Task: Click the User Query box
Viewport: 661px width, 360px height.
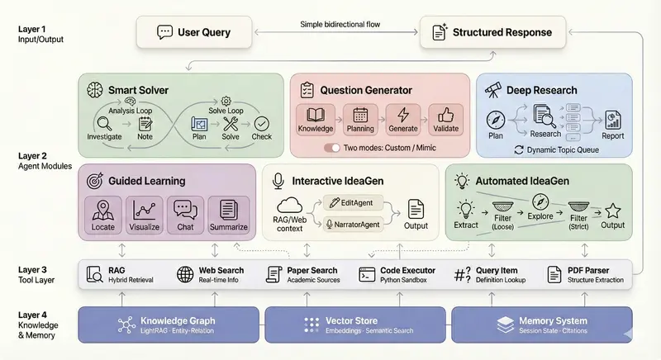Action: click(x=195, y=33)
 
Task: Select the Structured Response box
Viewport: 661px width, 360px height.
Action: click(x=491, y=33)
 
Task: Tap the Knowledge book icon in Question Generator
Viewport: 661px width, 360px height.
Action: click(x=315, y=115)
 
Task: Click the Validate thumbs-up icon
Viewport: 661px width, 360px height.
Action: click(x=446, y=115)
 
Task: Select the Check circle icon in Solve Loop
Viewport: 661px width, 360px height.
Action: click(x=262, y=123)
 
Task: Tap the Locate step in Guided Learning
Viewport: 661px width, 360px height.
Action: click(x=104, y=214)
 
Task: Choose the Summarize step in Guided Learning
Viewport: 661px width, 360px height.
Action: click(x=228, y=214)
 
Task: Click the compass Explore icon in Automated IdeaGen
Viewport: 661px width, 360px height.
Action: click(x=540, y=201)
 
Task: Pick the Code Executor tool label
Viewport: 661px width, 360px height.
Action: click(x=407, y=271)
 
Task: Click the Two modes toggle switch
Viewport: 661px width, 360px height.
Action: click(x=332, y=148)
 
